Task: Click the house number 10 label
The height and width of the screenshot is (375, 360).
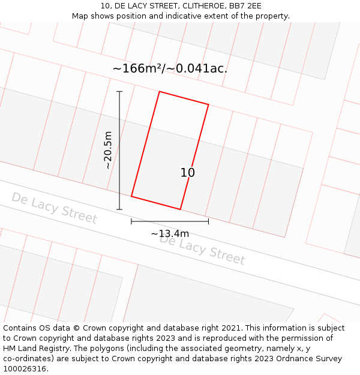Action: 188,173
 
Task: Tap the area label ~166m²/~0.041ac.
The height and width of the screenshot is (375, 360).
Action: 170,68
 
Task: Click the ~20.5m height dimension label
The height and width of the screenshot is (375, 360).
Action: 108,150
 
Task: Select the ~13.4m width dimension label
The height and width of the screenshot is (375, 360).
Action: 170,233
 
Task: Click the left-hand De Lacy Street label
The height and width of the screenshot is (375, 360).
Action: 54,208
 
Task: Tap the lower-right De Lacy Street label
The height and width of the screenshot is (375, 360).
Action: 202,250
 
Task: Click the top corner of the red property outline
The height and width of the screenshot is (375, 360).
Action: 159,92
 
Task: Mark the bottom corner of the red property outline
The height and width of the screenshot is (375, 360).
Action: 181,209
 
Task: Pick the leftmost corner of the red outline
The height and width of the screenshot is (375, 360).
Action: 131,196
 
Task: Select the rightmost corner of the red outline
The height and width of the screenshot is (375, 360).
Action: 208,105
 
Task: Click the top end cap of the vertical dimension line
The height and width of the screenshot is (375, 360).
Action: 119,92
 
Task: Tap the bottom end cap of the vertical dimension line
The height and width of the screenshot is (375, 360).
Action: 119,209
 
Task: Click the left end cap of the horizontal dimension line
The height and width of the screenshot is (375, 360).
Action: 131,221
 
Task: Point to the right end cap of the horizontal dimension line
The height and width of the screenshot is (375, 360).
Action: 208,221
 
